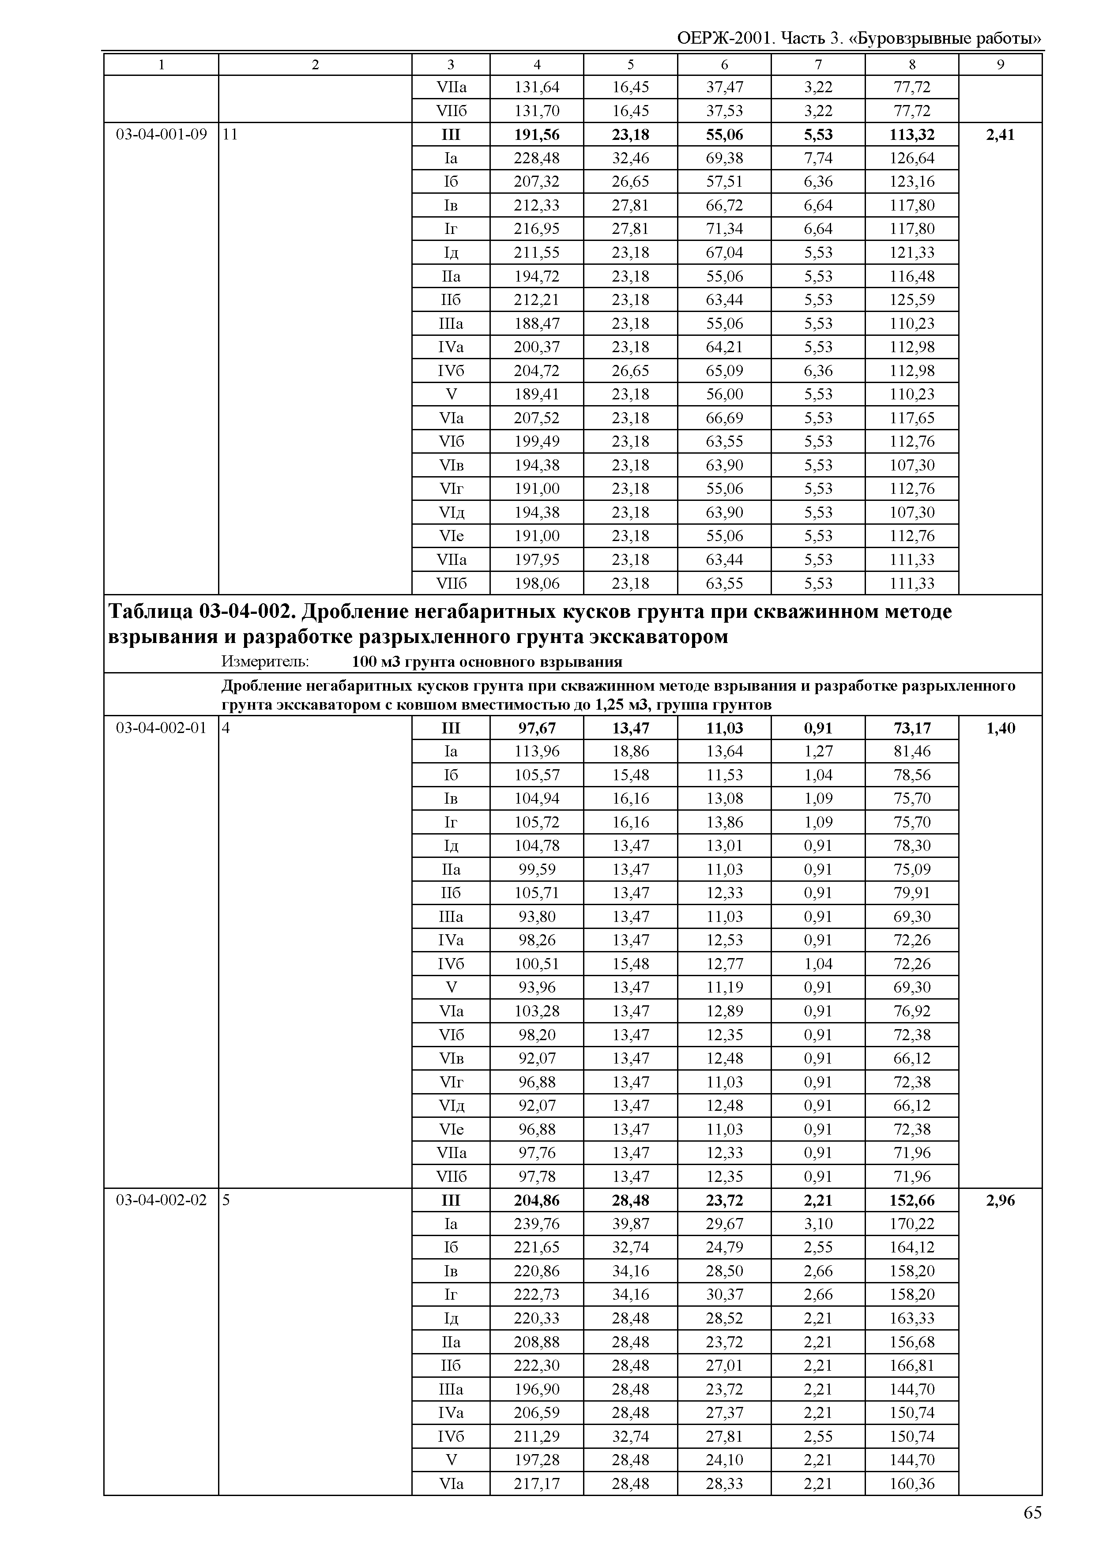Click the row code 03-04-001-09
coord(161,135)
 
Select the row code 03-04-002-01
coord(161,728)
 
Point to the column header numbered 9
coord(1000,65)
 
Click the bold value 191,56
coord(537,135)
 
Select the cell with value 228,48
coord(537,158)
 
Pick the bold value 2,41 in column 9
coord(1000,135)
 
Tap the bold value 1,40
coord(1000,728)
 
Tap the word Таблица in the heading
coord(150,612)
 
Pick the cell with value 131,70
coord(537,111)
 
